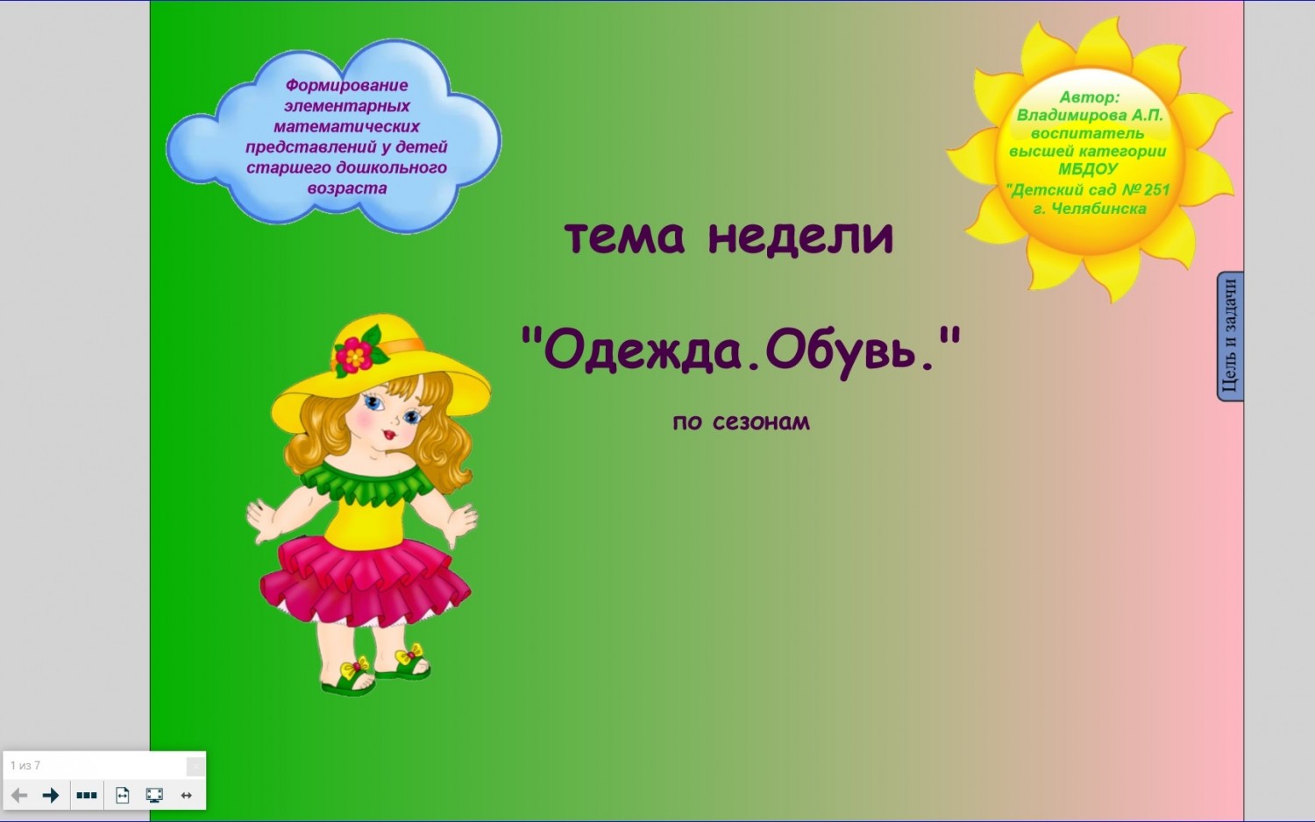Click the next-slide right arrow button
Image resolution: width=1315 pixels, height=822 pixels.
[51, 795]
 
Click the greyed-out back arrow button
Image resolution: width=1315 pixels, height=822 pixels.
[19, 795]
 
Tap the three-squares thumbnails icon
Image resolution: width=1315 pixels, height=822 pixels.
[87, 795]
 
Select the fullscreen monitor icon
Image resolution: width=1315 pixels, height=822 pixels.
[154, 795]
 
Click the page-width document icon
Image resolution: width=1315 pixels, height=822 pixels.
[122, 795]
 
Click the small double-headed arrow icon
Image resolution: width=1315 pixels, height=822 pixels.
[186, 795]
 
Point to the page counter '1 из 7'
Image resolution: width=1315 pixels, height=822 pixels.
[25, 765]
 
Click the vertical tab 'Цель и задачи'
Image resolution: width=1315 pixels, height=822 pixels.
[1231, 337]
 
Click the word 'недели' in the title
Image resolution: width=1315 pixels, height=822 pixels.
[800, 237]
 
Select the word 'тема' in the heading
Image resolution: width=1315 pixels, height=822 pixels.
[624, 238]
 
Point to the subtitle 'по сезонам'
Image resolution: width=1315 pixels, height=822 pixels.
[741, 422]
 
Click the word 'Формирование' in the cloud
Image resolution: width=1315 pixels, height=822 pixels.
[346, 86]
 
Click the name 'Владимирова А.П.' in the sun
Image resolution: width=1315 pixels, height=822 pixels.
[1090, 115]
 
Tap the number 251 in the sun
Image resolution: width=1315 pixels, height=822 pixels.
[1156, 190]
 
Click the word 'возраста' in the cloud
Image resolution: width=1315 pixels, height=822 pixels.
[347, 189]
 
